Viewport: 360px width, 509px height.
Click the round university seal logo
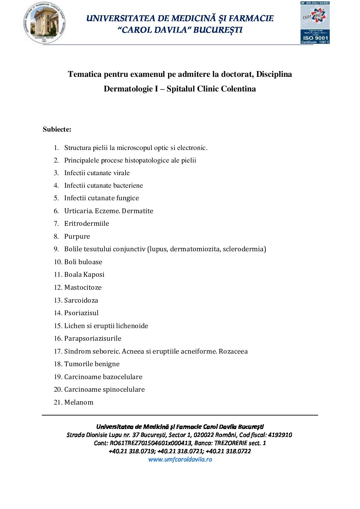(x=44, y=23)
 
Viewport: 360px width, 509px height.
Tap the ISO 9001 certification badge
(x=315, y=23)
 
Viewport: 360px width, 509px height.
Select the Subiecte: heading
(x=57, y=129)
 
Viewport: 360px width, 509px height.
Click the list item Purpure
(x=77, y=236)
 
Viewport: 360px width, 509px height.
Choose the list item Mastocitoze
(x=83, y=287)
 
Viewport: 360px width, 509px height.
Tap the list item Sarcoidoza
(x=81, y=300)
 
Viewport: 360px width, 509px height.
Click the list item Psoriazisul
(x=81, y=313)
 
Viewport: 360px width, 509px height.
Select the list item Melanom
(x=79, y=402)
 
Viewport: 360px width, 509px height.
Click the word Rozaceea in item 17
(x=233, y=351)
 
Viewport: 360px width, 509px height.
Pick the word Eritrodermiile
(x=87, y=223)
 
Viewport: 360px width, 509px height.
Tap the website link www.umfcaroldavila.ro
(x=180, y=459)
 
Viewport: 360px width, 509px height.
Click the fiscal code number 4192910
(x=280, y=435)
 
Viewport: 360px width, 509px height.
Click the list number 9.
(x=56, y=249)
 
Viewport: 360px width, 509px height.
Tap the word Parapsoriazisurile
(x=93, y=338)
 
